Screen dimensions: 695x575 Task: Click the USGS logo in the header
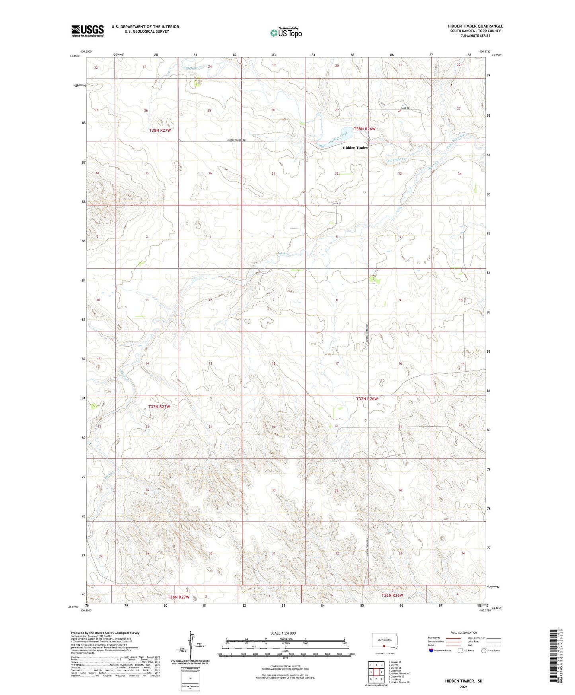click(88, 31)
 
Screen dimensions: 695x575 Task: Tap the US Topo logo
click(286, 33)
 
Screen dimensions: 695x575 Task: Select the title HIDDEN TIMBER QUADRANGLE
click(475, 26)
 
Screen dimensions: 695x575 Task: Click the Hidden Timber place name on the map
click(356, 148)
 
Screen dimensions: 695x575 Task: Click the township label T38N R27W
click(160, 131)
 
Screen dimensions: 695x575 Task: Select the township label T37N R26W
click(366, 398)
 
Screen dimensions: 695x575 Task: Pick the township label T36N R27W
click(178, 597)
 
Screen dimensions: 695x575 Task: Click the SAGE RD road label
click(405, 108)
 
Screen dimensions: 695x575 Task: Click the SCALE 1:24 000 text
click(283, 633)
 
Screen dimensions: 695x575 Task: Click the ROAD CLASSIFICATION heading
click(464, 633)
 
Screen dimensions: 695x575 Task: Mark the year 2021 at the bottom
click(464, 687)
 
